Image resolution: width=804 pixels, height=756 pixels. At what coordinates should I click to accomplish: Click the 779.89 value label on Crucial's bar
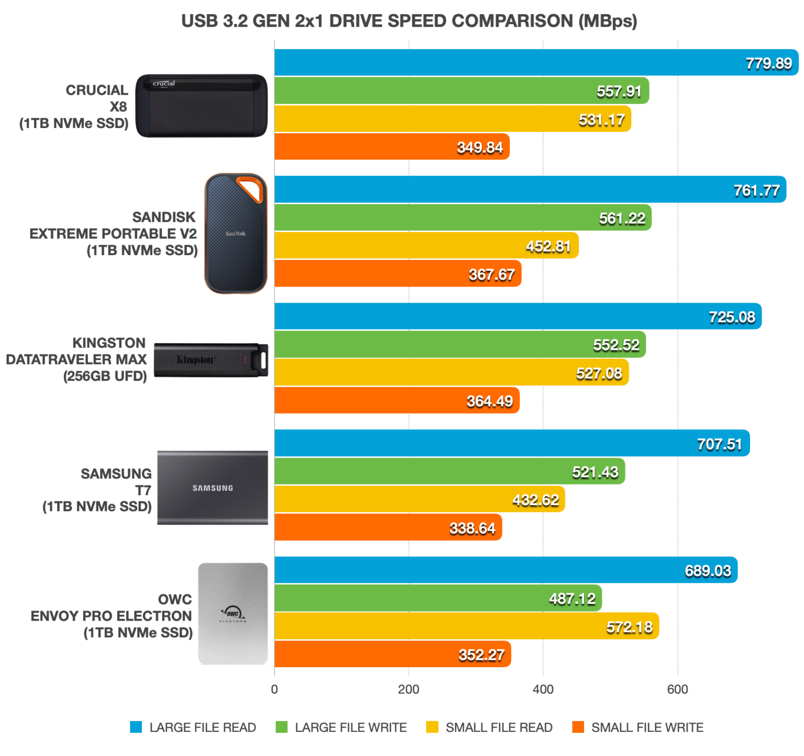tap(768, 63)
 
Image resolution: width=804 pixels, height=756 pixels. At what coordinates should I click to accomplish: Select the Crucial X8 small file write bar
tap(392, 147)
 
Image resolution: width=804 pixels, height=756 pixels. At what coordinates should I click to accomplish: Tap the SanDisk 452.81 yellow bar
tap(426, 246)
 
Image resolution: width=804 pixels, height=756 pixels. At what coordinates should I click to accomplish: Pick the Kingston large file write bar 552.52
tap(460, 345)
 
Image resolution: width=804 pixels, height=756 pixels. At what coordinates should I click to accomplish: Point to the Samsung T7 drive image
tap(213, 488)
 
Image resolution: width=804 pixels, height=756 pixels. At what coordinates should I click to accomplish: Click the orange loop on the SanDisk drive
tap(250, 189)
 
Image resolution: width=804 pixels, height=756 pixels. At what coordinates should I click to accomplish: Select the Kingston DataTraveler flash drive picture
tap(211, 360)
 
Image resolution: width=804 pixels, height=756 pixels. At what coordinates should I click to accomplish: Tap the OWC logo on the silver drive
tap(232, 613)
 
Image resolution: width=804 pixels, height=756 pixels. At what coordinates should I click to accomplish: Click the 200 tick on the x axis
tap(408, 690)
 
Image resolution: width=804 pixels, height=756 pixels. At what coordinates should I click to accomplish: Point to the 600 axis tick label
tap(677, 690)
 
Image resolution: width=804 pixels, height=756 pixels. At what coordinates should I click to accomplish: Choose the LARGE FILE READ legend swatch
tap(136, 727)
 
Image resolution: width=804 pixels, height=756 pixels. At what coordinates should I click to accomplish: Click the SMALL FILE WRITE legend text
tap(647, 727)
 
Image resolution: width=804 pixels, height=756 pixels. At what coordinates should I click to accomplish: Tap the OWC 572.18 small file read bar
tap(466, 626)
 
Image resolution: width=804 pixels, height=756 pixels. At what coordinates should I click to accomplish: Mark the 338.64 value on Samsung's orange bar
tap(472, 528)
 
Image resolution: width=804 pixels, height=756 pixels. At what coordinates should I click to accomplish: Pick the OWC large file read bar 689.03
tap(506, 570)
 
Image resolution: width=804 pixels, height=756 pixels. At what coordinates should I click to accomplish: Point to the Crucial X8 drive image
tap(202, 106)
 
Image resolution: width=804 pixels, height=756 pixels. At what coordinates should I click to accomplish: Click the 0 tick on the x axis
tap(274, 690)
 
